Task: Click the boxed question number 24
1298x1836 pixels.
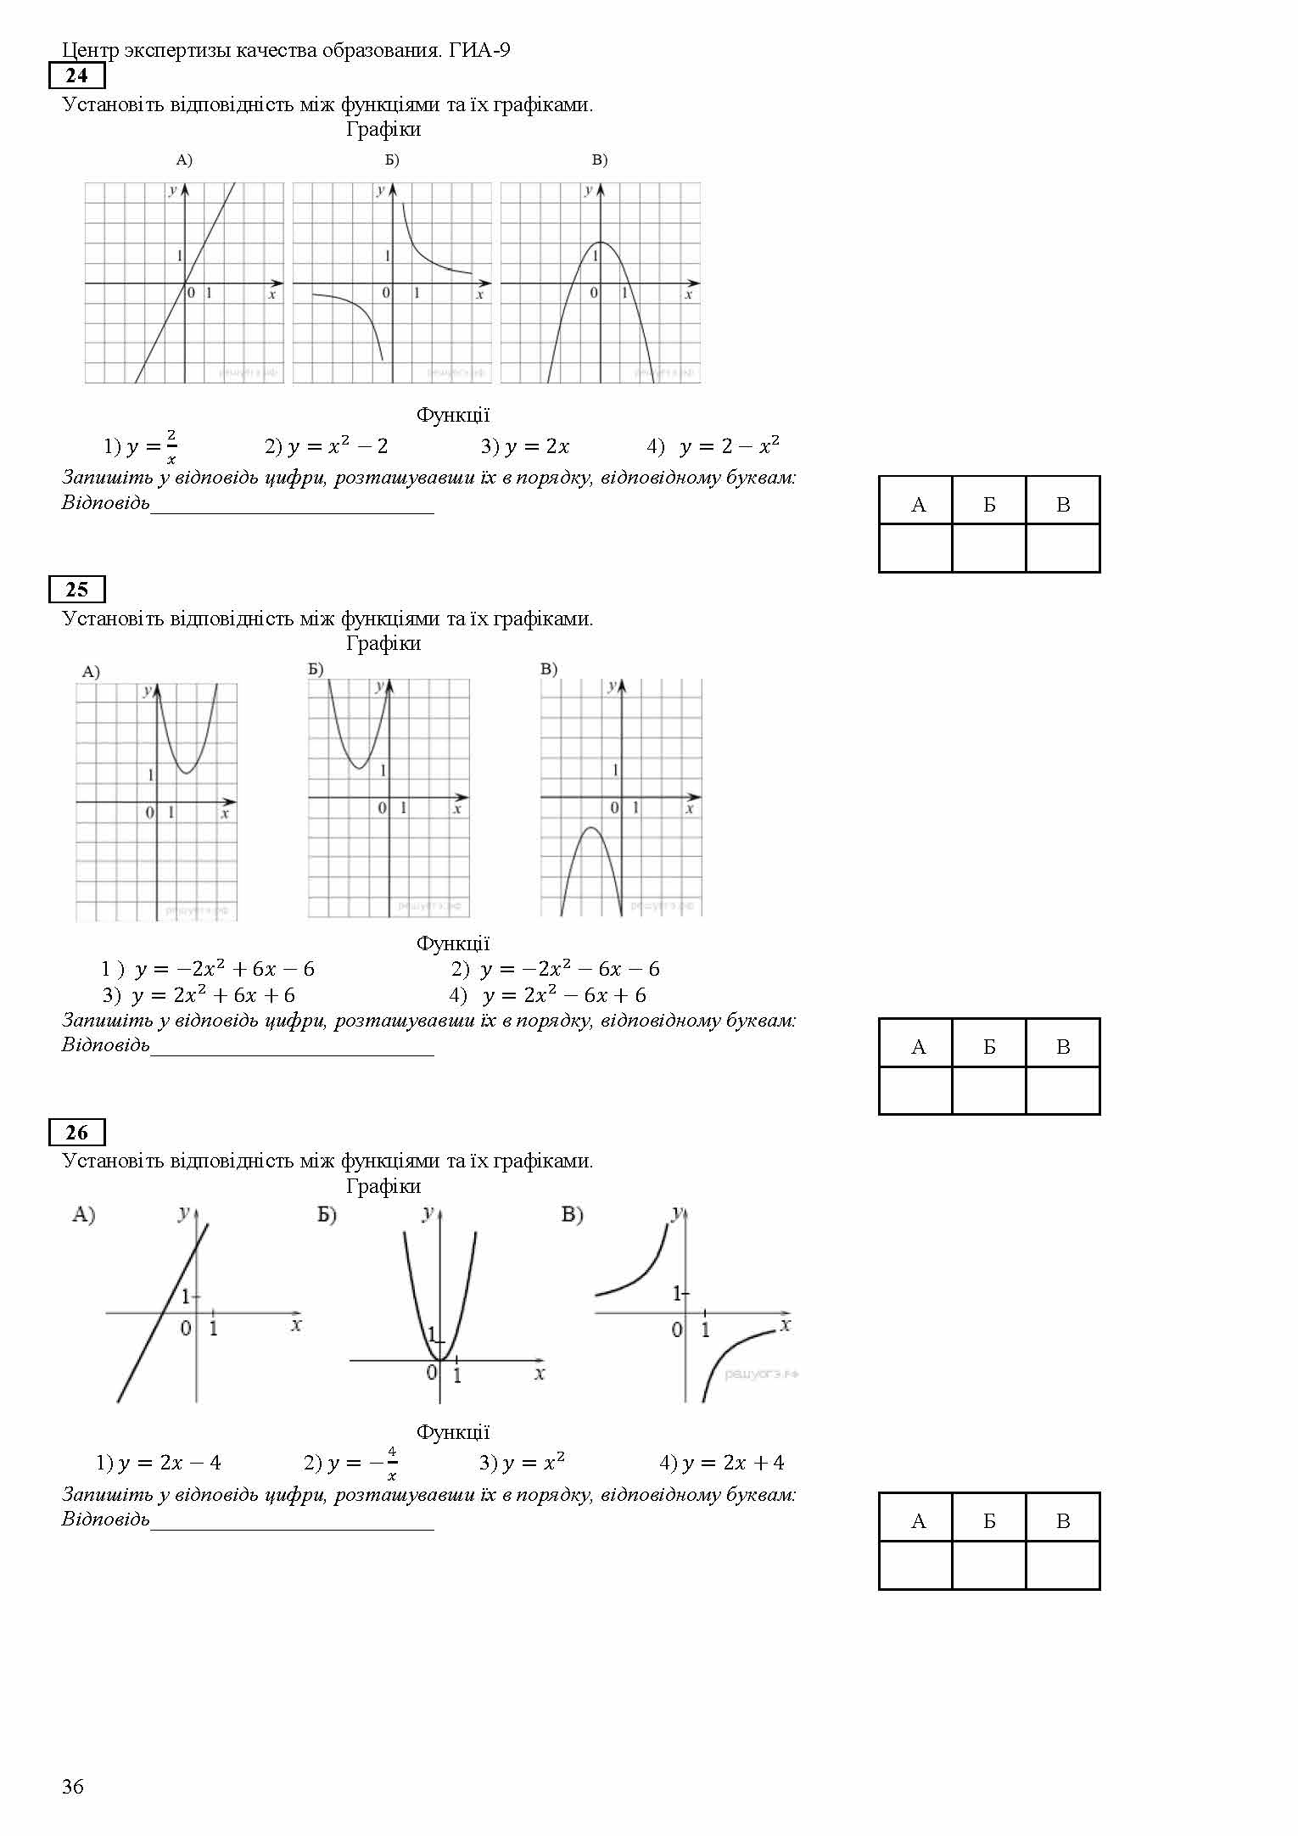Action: pyautogui.click(x=76, y=76)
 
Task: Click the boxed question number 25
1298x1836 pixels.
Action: pyautogui.click(x=76, y=590)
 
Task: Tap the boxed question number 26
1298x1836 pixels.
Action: pyautogui.click(x=76, y=1133)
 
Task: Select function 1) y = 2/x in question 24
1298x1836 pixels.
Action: pyautogui.click(x=141, y=446)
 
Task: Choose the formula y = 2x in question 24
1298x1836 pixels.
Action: pyautogui.click(x=536, y=446)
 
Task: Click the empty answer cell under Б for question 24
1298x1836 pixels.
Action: pyautogui.click(x=989, y=548)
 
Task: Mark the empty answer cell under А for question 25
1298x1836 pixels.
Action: pyautogui.click(x=916, y=1090)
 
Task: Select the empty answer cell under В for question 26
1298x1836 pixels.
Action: pyautogui.click(x=1063, y=1565)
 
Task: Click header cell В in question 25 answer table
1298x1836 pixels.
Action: pyautogui.click(x=1063, y=1047)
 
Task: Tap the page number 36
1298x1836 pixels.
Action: pyautogui.click(x=73, y=1787)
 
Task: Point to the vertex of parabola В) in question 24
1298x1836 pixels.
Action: pyautogui.click(x=600, y=243)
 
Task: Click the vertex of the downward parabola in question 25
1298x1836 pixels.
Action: pyautogui.click(x=591, y=828)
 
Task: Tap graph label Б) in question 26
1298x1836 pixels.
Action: pyautogui.click(x=327, y=1216)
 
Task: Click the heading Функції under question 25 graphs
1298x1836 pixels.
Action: pyautogui.click(x=452, y=943)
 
